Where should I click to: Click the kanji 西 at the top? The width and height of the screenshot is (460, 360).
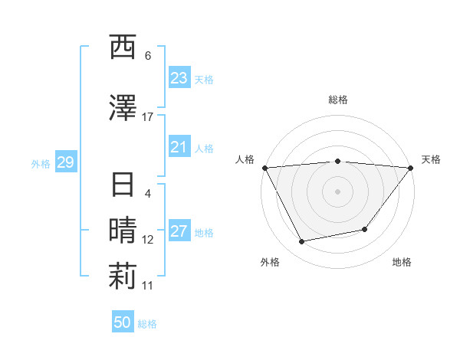click(x=123, y=47)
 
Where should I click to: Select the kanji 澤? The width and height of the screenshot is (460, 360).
click(x=123, y=108)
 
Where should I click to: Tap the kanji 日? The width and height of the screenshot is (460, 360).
click(x=123, y=186)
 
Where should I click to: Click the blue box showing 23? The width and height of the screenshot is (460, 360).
click(x=179, y=78)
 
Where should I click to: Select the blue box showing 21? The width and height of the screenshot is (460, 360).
click(x=179, y=147)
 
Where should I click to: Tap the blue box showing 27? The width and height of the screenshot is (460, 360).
click(x=179, y=232)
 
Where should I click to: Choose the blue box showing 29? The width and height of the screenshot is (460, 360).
click(x=65, y=162)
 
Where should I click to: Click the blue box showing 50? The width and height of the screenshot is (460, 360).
click(x=123, y=322)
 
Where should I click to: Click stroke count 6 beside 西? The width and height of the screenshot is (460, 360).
click(x=147, y=56)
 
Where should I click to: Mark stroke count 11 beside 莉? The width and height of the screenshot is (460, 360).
click(x=147, y=286)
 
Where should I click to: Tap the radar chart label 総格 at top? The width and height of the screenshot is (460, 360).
click(x=338, y=100)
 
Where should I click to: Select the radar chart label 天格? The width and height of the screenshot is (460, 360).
click(x=432, y=159)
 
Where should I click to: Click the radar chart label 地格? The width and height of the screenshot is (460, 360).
click(x=402, y=262)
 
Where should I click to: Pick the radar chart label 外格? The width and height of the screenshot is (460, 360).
click(x=270, y=262)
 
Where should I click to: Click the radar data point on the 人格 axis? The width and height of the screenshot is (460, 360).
click(x=265, y=168)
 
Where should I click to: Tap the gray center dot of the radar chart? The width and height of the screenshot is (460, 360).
click(x=337, y=191)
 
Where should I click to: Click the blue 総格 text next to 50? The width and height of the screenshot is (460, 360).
click(x=147, y=324)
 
